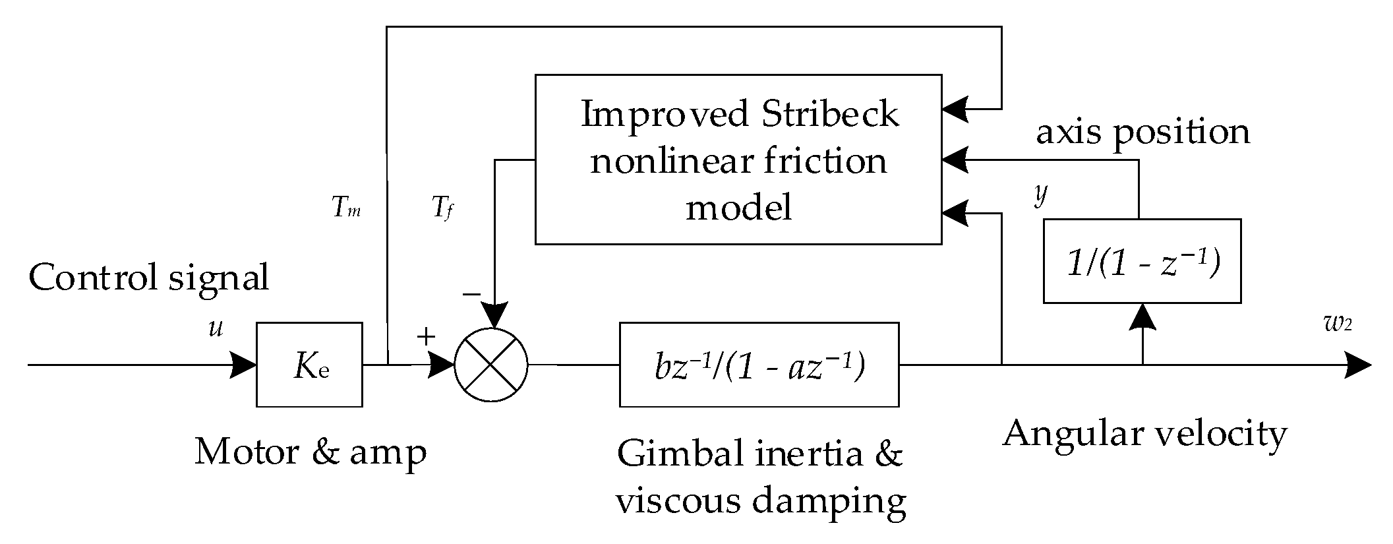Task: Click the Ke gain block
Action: pyautogui.click(x=309, y=364)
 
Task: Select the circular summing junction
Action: pyautogui.click(x=491, y=364)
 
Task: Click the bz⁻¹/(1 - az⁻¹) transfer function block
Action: pyautogui.click(x=759, y=364)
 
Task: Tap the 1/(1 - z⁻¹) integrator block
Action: pyautogui.click(x=1142, y=261)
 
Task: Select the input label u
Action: pyautogui.click(x=216, y=328)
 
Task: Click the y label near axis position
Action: pyautogui.click(x=1040, y=195)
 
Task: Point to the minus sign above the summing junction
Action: pyautogui.click(x=471, y=294)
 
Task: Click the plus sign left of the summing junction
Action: pyautogui.click(x=426, y=338)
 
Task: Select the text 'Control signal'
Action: pyautogui.click(x=149, y=278)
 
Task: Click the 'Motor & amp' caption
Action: pyautogui.click(x=311, y=452)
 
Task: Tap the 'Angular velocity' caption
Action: pyautogui.click(x=1144, y=435)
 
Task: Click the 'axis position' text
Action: pyautogui.click(x=1143, y=131)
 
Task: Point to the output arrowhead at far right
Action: pyautogui.click(x=1359, y=365)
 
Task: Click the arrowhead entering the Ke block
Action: pyautogui.click(x=243, y=365)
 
